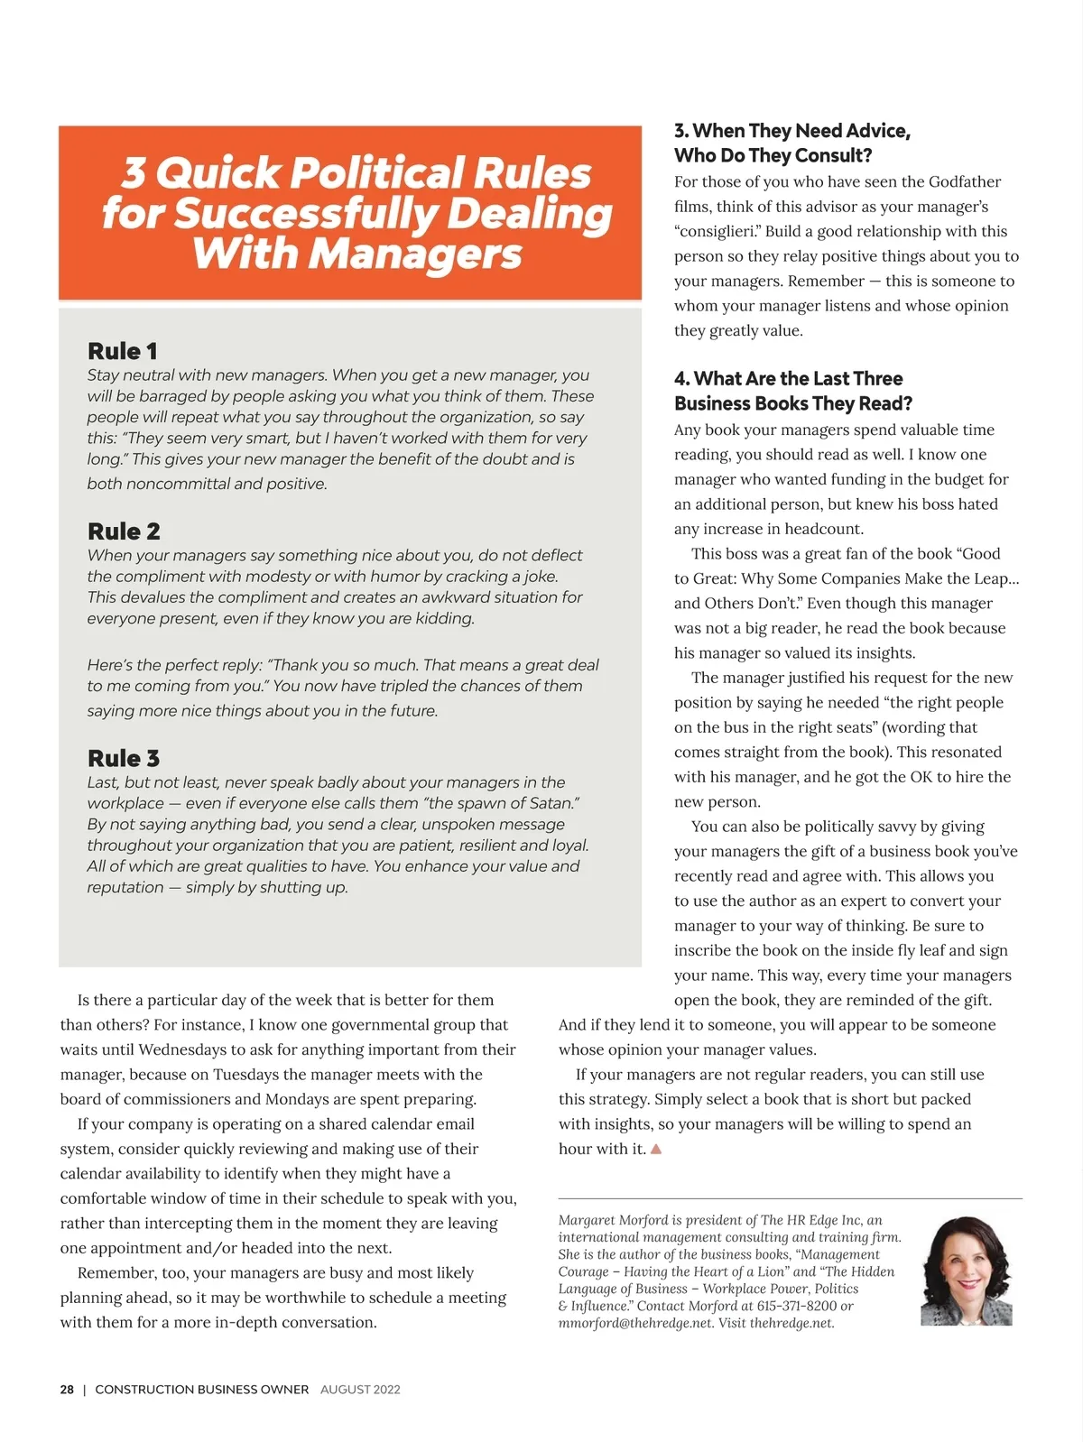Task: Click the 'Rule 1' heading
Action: [x=123, y=351]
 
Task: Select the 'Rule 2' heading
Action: [x=124, y=532]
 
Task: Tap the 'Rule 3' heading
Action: [x=124, y=759]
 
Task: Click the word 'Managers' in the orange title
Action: [x=415, y=254]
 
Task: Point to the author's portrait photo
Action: [x=967, y=1271]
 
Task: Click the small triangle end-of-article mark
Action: [x=656, y=1150]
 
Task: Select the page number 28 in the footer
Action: [x=67, y=1390]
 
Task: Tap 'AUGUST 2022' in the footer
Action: [x=360, y=1390]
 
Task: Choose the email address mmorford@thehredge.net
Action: [x=636, y=1323]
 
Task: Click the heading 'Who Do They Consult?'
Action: [x=773, y=155]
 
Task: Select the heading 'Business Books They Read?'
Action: [x=793, y=403]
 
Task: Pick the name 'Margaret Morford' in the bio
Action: [x=614, y=1220]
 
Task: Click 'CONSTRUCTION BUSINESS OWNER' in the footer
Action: [x=202, y=1390]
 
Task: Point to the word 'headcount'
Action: [x=824, y=529]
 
